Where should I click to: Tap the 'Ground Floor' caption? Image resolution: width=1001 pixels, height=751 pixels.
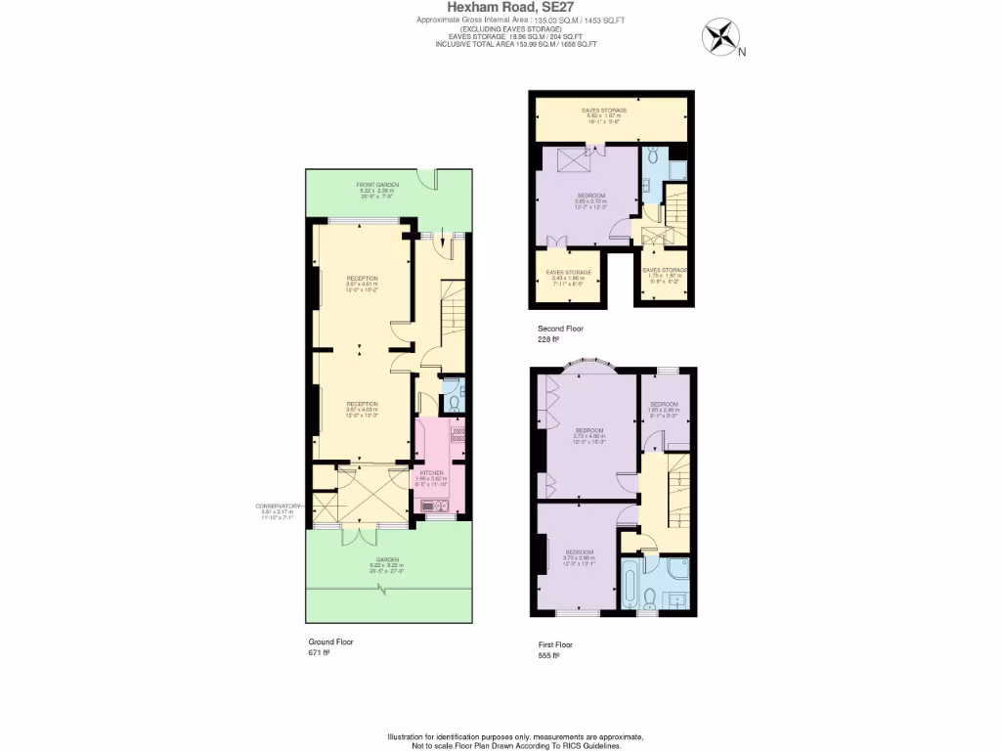click(330, 641)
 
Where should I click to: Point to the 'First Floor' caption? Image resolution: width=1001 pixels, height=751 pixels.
click(554, 644)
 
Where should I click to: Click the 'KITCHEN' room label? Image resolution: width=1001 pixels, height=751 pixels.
click(431, 472)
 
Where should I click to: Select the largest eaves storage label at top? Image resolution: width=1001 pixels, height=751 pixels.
click(603, 110)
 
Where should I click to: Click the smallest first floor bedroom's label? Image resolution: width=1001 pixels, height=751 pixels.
click(666, 404)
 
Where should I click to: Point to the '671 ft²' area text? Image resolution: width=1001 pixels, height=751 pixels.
click(320, 652)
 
